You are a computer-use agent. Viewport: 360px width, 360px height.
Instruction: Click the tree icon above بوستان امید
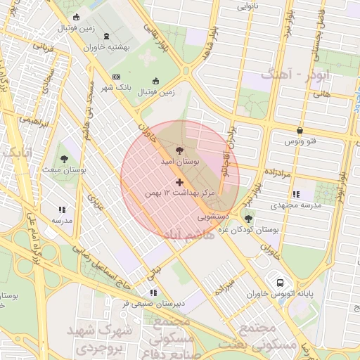pos(179,150)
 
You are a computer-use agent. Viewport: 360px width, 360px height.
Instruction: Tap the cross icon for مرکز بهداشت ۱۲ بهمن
pos(179,182)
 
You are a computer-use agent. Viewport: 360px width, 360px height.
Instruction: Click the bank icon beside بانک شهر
pos(116,77)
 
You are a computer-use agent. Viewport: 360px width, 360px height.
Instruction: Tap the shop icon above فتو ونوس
pos(300,130)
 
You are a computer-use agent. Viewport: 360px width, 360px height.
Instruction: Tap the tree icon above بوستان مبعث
pos(64,159)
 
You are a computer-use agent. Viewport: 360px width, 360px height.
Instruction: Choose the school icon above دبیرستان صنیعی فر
pos(153,292)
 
